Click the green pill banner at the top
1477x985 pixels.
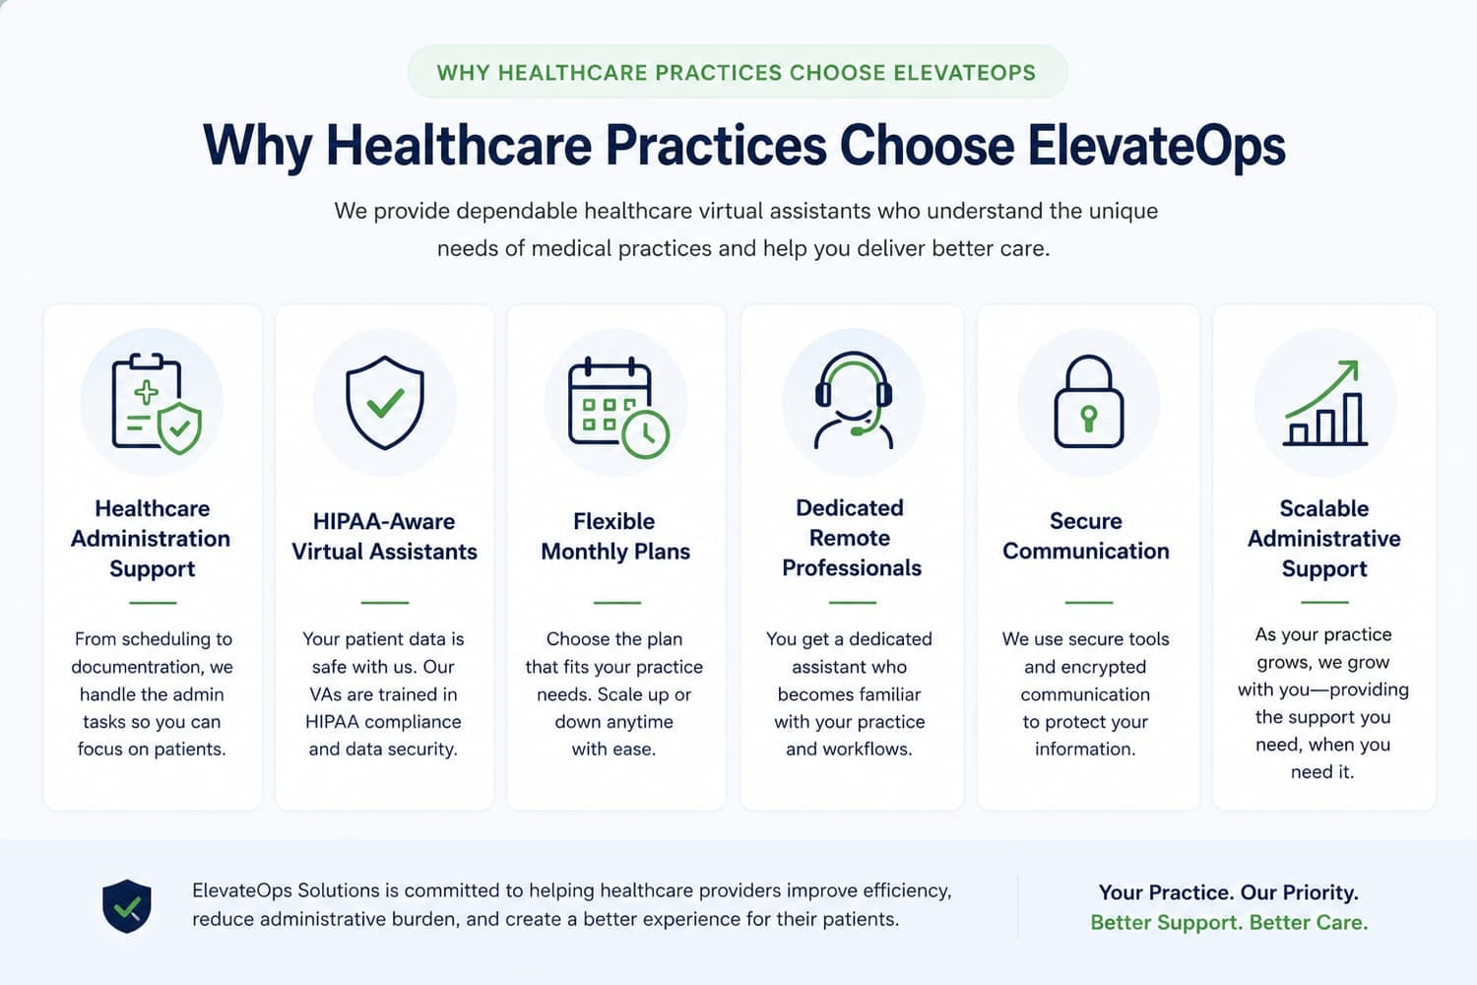click(738, 72)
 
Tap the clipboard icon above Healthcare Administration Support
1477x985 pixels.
click(157, 404)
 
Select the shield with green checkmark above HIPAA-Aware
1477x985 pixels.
click(385, 403)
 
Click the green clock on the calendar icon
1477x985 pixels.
click(646, 434)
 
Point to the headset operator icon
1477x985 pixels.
click(854, 401)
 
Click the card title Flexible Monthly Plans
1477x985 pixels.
click(615, 536)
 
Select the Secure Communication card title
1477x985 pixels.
click(1086, 536)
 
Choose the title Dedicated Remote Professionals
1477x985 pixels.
click(852, 538)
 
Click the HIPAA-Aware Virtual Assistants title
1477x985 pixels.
click(384, 536)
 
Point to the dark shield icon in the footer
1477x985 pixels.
click(127, 906)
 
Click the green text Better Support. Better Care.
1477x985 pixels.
click(1229, 922)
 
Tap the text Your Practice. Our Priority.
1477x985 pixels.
click(1229, 892)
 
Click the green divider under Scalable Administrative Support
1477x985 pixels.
click(1324, 602)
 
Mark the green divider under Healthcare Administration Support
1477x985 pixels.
click(153, 603)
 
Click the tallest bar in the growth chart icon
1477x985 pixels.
click(1353, 419)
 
